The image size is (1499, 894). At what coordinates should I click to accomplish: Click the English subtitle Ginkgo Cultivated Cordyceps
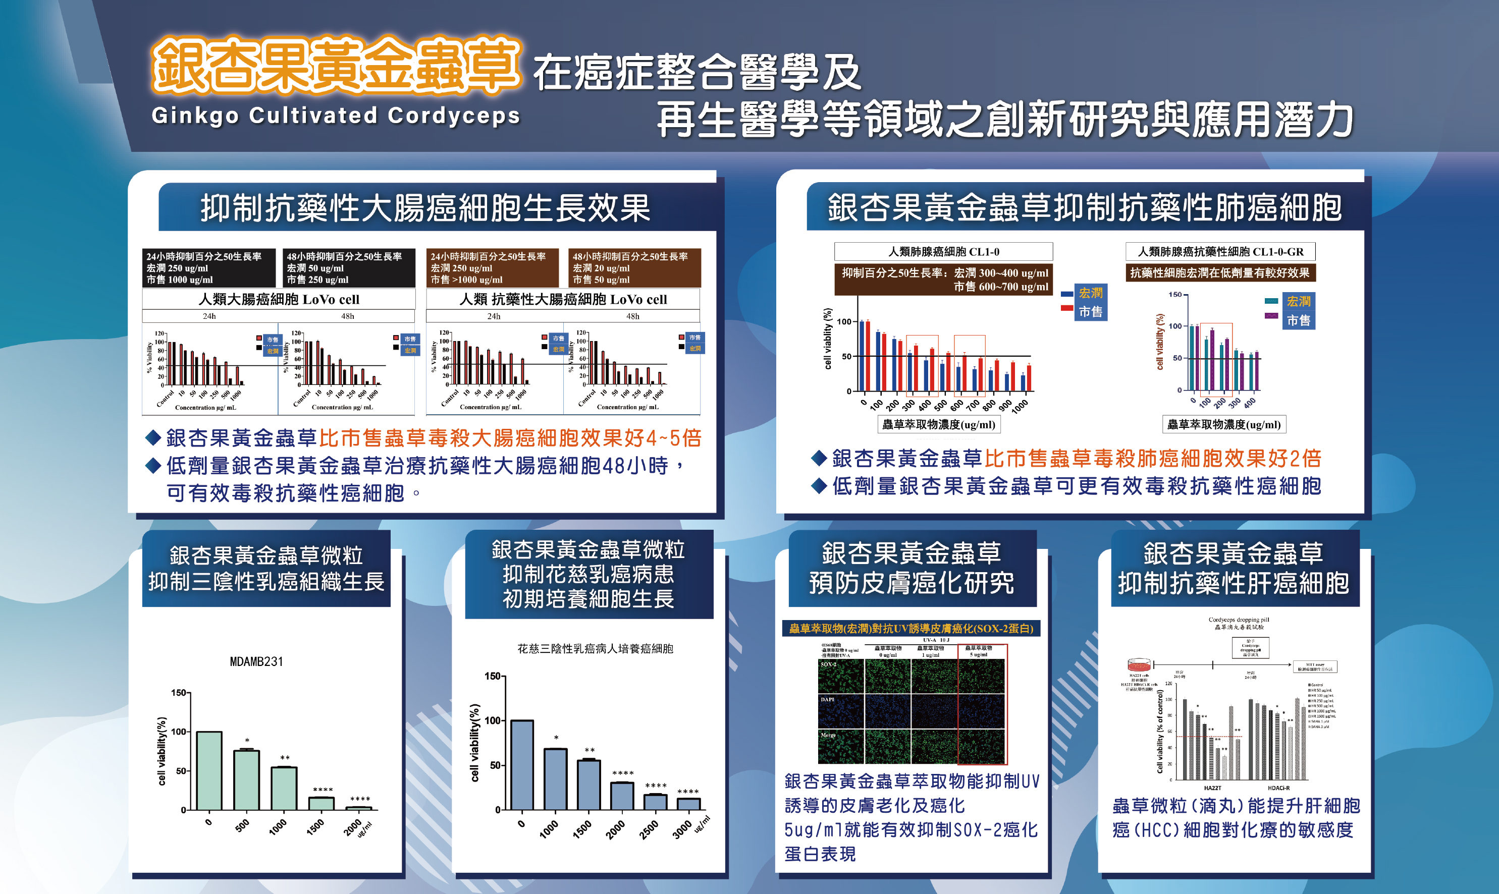pyautogui.click(x=336, y=115)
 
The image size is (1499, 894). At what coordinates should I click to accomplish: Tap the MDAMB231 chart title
pyautogui.click(x=256, y=661)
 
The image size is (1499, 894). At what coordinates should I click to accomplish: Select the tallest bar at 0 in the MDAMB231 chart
pyautogui.click(x=209, y=770)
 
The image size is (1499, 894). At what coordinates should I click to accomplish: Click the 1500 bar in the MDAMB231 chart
pyautogui.click(x=321, y=803)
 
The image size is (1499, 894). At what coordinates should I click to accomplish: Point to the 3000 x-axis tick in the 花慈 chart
pyautogui.click(x=682, y=830)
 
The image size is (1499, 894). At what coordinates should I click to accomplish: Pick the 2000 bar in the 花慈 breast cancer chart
pyautogui.click(x=622, y=796)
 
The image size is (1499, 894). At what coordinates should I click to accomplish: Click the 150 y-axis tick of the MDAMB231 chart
pyautogui.click(x=179, y=693)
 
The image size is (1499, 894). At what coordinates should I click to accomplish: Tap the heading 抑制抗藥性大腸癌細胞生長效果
pyautogui.click(x=425, y=208)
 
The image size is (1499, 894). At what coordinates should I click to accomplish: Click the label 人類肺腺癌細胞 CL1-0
pyautogui.click(x=943, y=252)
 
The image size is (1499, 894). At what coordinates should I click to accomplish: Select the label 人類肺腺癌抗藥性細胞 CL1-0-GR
pyautogui.click(x=1220, y=252)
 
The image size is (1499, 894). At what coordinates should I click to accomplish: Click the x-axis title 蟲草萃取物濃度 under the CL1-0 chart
pyautogui.click(x=938, y=425)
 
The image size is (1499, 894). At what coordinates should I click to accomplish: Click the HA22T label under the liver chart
pyautogui.click(x=1212, y=788)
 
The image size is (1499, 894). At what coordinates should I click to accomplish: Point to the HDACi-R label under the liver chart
pyautogui.click(x=1278, y=788)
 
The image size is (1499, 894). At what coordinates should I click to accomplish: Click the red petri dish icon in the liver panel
pyautogui.click(x=1139, y=665)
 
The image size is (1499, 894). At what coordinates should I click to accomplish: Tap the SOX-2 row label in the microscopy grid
pyautogui.click(x=828, y=664)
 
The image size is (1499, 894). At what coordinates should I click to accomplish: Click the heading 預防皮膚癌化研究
pyautogui.click(x=912, y=583)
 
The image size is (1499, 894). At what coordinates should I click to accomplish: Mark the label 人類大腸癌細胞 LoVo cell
pyautogui.click(x=279, y=299)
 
